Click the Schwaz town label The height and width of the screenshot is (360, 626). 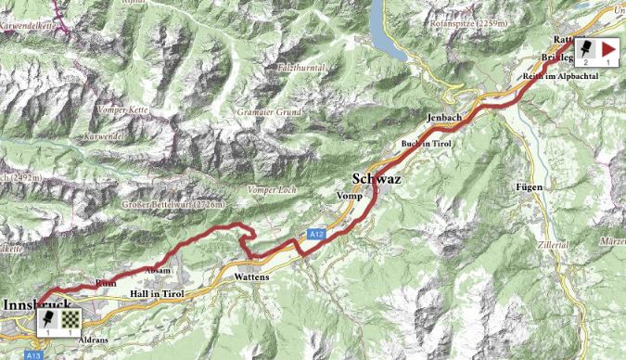click(377, 179)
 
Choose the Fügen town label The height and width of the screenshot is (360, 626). click(528, 186)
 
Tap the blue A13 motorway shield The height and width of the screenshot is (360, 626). click(34, 354)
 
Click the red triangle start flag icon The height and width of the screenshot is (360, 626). click(608, 47)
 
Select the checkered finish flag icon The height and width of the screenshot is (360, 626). click(70, 318)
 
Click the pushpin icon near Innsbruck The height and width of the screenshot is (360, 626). click(47, 318)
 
